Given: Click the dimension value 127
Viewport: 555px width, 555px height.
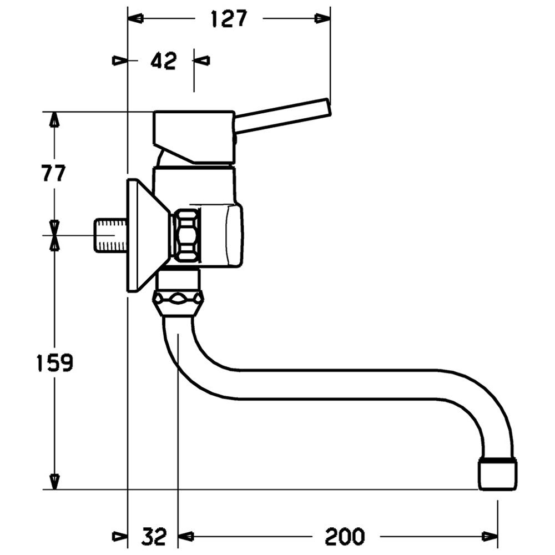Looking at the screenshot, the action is [x=228, y=19].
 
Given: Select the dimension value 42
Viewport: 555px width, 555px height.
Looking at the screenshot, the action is [x=164, y=61].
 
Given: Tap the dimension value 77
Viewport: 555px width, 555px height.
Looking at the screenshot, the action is [x=54, y=173].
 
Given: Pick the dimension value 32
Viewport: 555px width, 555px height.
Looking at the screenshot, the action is [x=155, y=536].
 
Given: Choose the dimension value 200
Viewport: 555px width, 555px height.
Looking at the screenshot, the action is [x=345, y=536].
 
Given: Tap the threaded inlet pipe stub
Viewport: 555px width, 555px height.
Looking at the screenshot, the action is [x=110, y=235].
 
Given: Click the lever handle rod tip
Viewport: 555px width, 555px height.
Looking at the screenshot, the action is [x=328, y=107].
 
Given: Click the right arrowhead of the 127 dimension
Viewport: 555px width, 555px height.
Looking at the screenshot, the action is [x=322, y=18].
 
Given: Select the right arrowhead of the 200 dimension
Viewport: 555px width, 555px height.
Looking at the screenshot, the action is [x=490, y=536].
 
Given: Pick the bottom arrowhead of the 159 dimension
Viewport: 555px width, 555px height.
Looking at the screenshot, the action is [x=54, y=482].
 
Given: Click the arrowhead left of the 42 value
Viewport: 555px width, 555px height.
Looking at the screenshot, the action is [x=119, y=60].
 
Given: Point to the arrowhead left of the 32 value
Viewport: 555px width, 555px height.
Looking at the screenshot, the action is [x=119, y=536].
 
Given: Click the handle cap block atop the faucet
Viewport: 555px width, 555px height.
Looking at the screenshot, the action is [x=194, y=137].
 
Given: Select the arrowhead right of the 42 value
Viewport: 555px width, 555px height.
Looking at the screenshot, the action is [x=202, y=60].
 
